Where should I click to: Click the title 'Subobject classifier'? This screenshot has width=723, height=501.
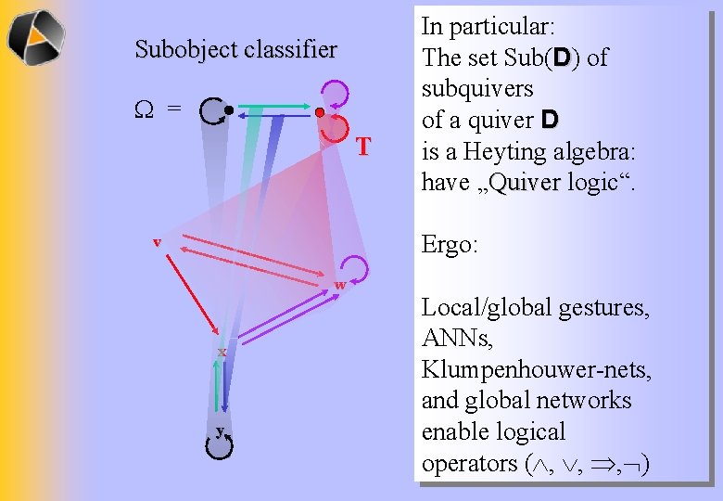point(235,49)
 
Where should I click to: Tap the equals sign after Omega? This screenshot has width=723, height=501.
point(173,109)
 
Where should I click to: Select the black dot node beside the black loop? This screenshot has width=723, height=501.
point(228,109)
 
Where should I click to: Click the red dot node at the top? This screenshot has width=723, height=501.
point(318,112)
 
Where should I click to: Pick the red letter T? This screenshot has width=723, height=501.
point(363,147)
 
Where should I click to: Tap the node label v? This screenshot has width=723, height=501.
point(157,242)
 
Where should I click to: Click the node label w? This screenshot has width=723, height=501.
point(340,284)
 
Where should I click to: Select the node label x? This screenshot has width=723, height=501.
point(222,352)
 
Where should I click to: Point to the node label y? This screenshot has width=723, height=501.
point(220,430)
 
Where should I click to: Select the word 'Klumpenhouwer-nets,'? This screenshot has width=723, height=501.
point(537,369)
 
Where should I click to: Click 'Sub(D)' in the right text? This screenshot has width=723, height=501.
point(545,58)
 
